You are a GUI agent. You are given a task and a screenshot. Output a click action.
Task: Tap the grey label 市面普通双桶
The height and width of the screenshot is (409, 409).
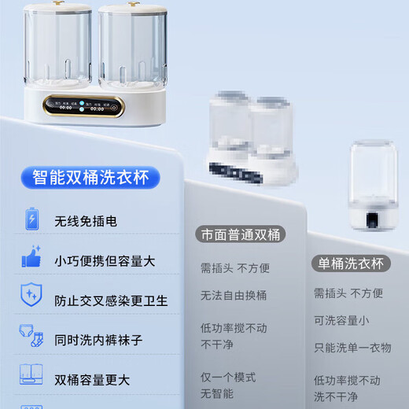coord(240,234)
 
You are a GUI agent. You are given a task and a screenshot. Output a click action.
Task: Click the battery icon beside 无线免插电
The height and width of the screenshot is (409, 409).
coord(31,219)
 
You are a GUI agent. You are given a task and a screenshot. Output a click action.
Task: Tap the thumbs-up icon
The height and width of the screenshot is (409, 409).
coord(31,258)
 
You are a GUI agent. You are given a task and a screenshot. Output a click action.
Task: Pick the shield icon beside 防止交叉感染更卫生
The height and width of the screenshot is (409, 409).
coord(31,297)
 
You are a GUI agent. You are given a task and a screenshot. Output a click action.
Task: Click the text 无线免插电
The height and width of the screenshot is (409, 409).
coord(86,222)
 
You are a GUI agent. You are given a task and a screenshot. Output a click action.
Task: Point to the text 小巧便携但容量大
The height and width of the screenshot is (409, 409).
coord(105,261)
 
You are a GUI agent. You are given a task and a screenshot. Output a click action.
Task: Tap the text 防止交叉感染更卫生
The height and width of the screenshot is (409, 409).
coord(111,300)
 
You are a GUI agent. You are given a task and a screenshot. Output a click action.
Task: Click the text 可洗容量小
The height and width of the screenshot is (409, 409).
coord(341,320)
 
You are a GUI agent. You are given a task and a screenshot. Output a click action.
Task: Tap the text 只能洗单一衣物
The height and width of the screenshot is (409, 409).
coord(352,347)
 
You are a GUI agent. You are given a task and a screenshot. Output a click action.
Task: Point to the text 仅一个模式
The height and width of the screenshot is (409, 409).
coord(229,377)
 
